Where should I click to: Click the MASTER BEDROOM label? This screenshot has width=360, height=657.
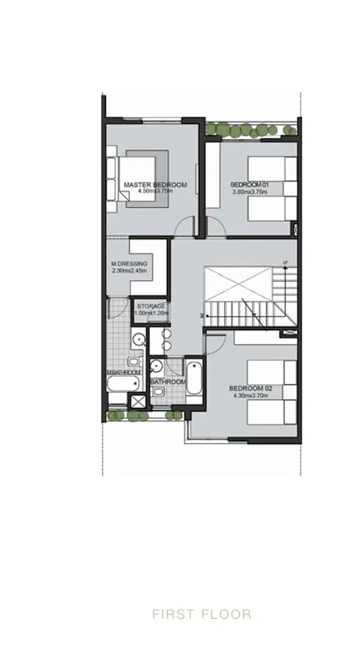point(155,184)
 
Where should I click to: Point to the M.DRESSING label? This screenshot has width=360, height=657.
point(129,264)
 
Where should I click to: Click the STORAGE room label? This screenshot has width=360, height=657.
point(152,306)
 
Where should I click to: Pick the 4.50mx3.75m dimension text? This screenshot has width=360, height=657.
point(155,191)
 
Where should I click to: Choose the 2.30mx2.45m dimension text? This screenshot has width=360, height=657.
point(129,270)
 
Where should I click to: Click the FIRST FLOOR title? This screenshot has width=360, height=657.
point(201,614)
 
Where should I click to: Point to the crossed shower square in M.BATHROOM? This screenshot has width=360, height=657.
point(137,401)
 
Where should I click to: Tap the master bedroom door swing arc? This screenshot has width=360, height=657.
point(188,227)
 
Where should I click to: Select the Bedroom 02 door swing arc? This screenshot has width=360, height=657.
point(217,340)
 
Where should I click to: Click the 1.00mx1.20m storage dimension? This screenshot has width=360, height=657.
point(152,313)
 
